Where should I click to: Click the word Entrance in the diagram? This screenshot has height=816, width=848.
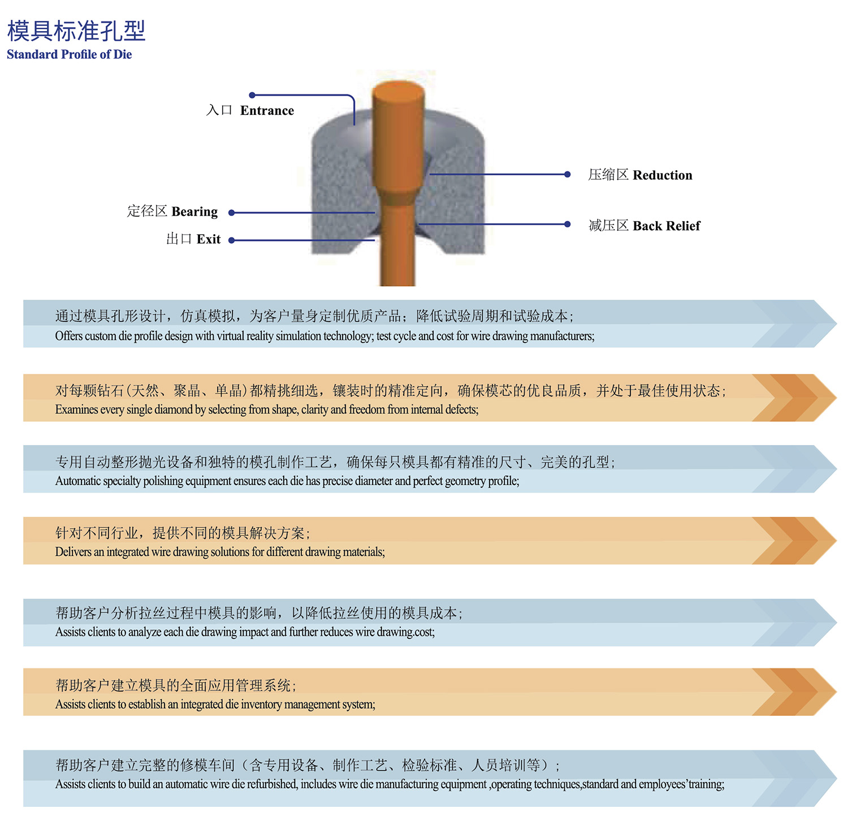point(267,110)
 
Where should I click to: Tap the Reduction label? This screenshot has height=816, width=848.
point(662,175)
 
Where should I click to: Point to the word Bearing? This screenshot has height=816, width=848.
point(194,211)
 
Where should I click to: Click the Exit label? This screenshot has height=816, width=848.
point(209,239)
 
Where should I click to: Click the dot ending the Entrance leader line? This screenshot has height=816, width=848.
point(252,95)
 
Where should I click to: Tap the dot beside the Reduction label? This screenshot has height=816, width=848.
point(567,174)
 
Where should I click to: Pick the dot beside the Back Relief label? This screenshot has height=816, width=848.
point(567,224)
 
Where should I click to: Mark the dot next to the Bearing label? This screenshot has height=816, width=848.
point(231,213)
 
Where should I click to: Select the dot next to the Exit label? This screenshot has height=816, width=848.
point(231,240)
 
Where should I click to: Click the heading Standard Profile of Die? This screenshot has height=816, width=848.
point(69,54)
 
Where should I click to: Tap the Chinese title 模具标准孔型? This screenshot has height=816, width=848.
point(76,31)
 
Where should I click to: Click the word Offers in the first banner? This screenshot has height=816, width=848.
point(68,336)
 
